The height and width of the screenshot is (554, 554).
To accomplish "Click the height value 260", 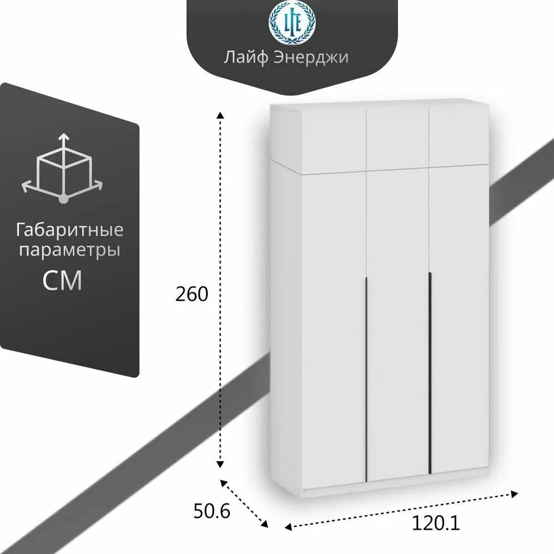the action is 192,294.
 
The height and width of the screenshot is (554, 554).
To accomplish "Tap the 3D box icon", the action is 63,167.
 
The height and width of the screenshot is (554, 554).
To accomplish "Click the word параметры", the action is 70,250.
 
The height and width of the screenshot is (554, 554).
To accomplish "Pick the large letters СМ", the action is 63,280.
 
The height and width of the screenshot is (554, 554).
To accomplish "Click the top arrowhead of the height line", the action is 220,115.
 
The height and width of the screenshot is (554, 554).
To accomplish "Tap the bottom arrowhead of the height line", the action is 220,464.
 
